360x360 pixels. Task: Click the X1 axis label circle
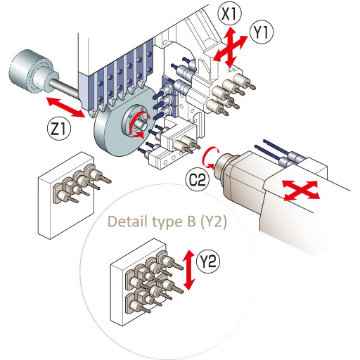pyautogui.click(x=229, y=15)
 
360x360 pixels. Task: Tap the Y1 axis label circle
pyautogui.click(x=262, y=32)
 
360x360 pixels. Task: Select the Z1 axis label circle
pyautogui.click(x=58, y=129)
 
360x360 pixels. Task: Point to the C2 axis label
pyautogui.click(x=198, y=181)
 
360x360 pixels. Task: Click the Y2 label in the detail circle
pyautogui.click(x=208, y=261)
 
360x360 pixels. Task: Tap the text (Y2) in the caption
pyautogui.click(x=214, y=222)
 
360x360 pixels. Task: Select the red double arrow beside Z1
pyautogui.click(x=65, y=107)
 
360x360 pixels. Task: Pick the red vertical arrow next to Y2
pyautogui.click(x=189, y=270)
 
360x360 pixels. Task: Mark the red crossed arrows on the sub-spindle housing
pyautogui.click(x=301, y=191)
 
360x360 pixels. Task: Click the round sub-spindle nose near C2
pyautogui.click(x=224, y=165)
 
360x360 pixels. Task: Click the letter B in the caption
pyautogui.click(x=191, y=221)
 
